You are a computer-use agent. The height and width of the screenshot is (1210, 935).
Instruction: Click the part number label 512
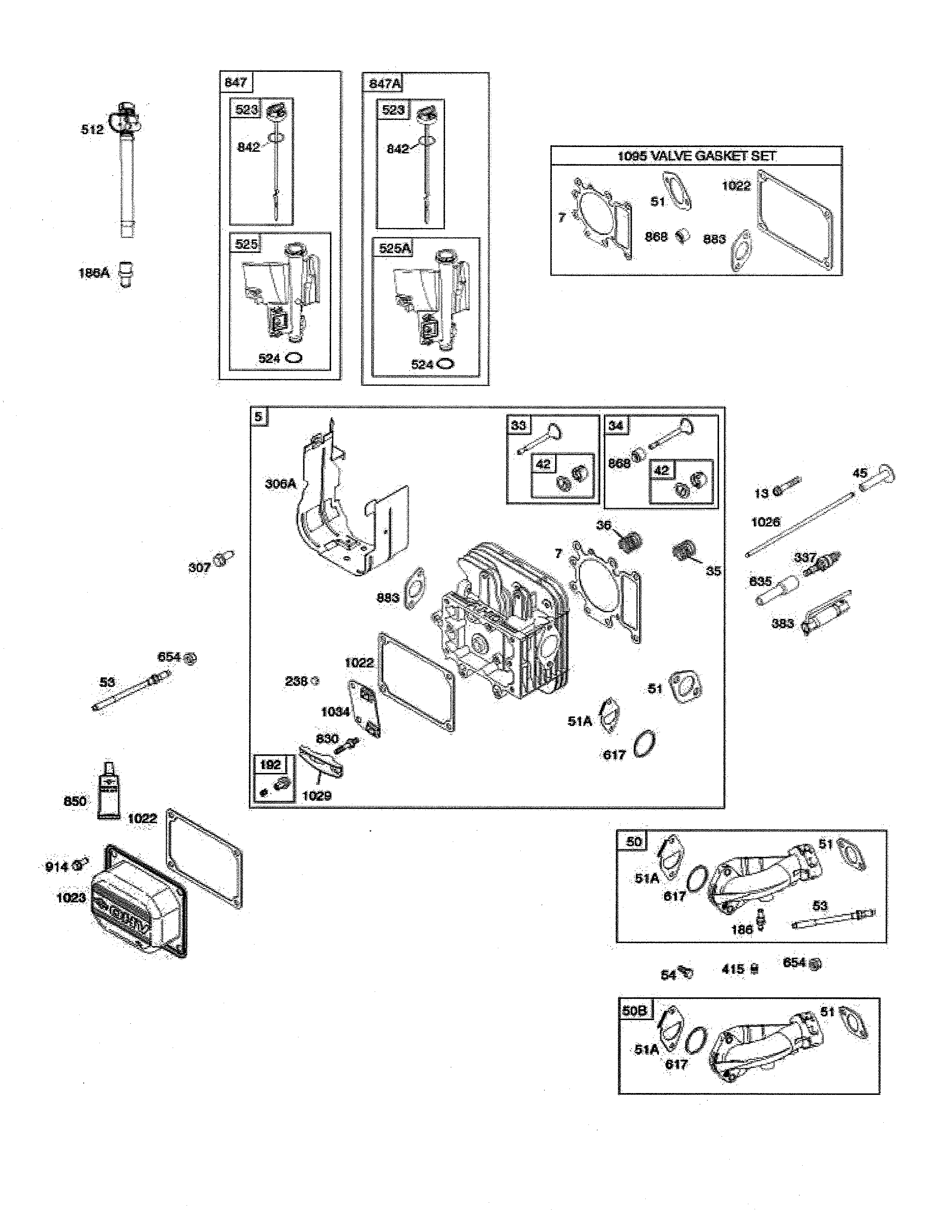[92, 130]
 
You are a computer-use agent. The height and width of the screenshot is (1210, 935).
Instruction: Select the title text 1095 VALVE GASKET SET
[696, 156]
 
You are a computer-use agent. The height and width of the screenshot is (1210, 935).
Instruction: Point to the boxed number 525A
[395, 248]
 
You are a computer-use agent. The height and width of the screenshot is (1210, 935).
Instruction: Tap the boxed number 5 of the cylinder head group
[258, 416]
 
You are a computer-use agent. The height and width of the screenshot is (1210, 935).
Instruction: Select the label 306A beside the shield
[280, 484]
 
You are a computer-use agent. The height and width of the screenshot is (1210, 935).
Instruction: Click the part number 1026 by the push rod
[765, 522]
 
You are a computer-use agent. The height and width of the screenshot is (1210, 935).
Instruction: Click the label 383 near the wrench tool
[782, 623]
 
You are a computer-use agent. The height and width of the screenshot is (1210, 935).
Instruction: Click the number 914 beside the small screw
[56, 866]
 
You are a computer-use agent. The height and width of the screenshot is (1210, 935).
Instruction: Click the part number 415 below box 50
[733, 969]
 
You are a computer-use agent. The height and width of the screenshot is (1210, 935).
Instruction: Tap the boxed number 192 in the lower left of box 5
[270, 765]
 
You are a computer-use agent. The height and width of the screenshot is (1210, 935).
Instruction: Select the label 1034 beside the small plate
[335, 712]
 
